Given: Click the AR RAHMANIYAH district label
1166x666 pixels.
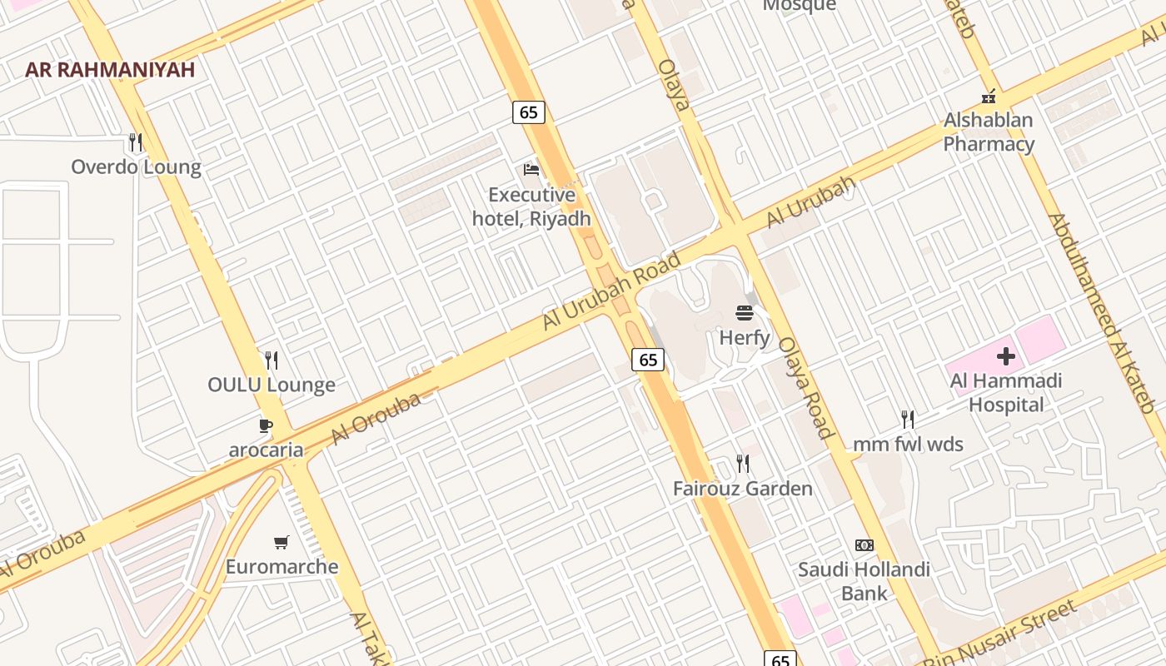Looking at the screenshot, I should [x=110, y=69].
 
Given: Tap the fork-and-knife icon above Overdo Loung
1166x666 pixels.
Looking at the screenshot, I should [x=136, y=142].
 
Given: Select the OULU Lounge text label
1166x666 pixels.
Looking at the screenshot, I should [x=272, y=385].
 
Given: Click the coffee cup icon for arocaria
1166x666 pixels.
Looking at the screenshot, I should [x=266, y=426].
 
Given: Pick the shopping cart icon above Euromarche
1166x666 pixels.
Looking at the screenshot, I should [x=282, y=543].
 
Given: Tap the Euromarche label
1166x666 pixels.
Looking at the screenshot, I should [x=282, y=567].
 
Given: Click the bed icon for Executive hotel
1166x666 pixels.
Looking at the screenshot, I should [x=531, y=170].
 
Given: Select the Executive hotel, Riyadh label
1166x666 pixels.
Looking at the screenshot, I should [x=531, y=206].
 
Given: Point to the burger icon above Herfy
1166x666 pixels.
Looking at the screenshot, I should [x=745, y=313].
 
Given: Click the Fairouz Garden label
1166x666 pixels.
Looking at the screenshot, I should [x=743, y=488].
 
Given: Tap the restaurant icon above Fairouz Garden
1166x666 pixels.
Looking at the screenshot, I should [x=743, y=463].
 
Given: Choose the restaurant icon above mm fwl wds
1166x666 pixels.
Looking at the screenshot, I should [x=908, y=419].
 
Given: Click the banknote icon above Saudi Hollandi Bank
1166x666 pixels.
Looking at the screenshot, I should [x=865, y=545].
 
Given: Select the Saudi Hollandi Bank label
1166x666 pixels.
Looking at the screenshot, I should [x=865, y=581].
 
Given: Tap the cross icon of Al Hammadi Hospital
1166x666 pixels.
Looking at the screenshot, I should [x=1006, y=357].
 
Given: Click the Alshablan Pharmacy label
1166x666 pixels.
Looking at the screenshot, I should [x=989, y=132].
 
